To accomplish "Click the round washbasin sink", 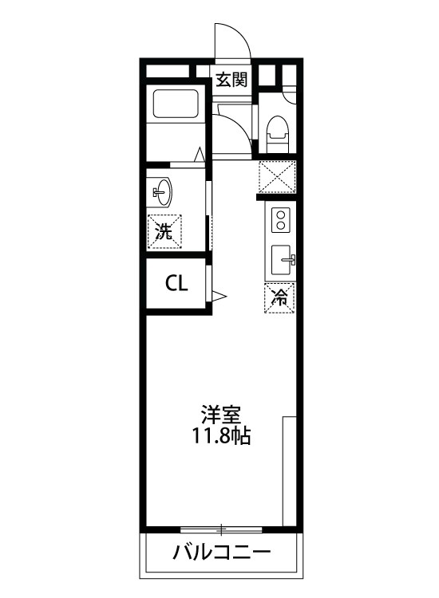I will point(163,191).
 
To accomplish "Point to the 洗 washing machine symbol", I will point(164,232).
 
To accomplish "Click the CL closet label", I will point(176,283).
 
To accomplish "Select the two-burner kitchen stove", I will point(280,218).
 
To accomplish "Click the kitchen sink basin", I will point(282,259).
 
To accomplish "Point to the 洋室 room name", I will point(221,415).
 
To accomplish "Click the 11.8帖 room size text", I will point(221,436).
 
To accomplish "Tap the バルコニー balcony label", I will point(222,552).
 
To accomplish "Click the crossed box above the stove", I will point(277,177).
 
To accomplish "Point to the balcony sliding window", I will point(221,529).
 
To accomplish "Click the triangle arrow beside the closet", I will point(219,298).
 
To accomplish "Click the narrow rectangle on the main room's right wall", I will point(290,472).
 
